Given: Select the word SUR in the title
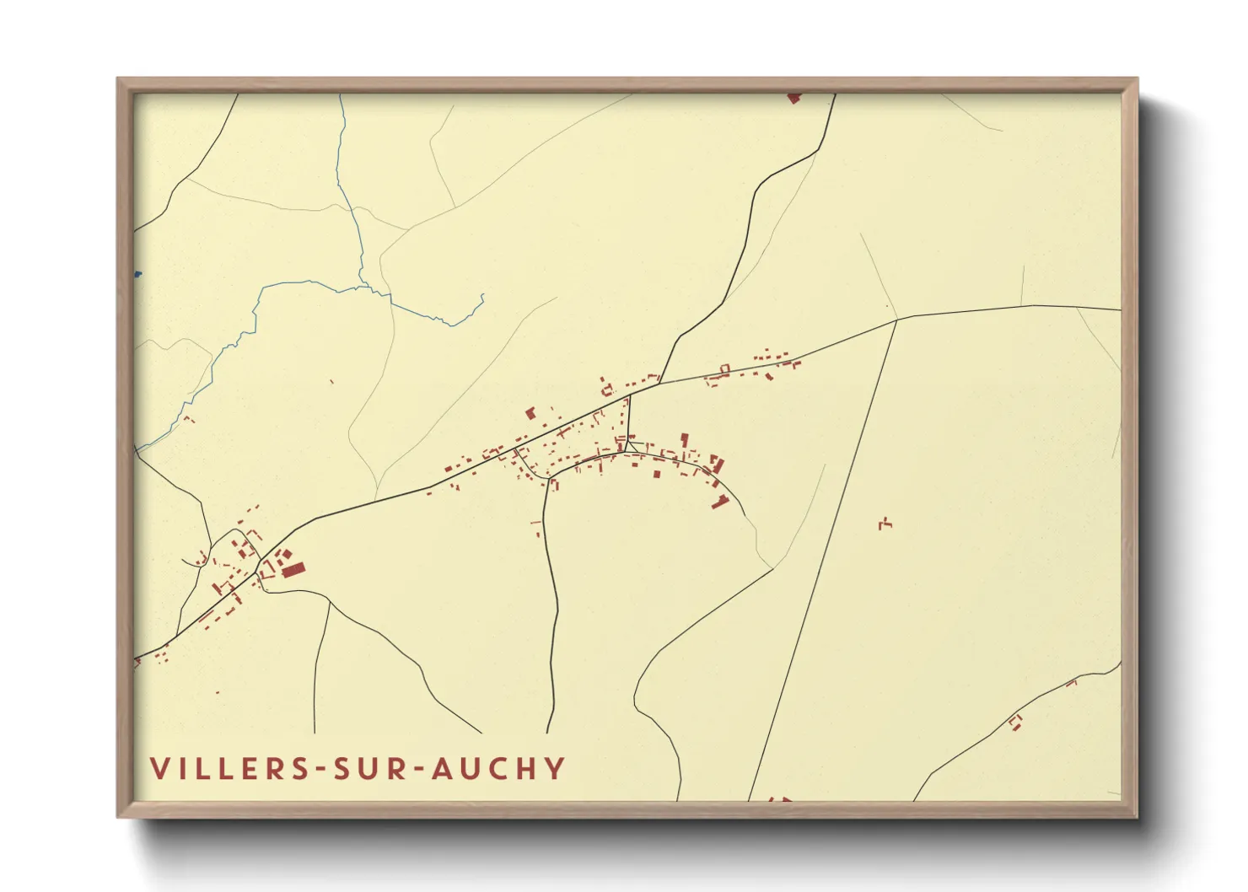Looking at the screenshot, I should (x=372, y=768).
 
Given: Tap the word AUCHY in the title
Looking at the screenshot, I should (x=498, y=768).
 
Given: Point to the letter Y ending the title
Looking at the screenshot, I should (x=554, y=768).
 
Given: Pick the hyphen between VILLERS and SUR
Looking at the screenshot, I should (x=320, y=769).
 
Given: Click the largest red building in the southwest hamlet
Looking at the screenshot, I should (x=293, y=571).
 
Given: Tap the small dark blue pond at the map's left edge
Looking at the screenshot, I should (x=137, y=274).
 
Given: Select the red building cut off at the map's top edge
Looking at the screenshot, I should (x=793, y=98).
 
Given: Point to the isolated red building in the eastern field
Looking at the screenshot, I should (x=885, y=524).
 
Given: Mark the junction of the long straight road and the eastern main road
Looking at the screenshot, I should (x=896, y=320).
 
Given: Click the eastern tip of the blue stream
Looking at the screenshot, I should (x=482, y=295).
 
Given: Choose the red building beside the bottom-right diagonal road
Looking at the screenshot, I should (x=1015, y=722).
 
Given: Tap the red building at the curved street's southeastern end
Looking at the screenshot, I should (x=720, y=502).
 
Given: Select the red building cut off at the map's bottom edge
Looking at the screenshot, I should (x=780, y=798).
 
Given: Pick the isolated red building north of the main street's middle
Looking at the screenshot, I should (x=530, y=413).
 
